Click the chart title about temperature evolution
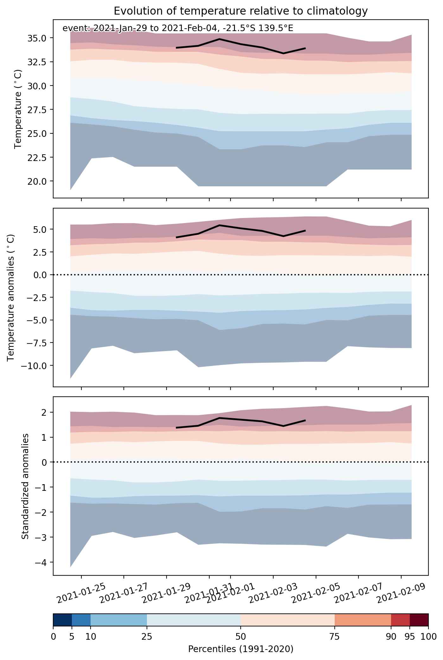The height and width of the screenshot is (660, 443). coord(241,11)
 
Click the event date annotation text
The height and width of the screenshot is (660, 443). coord(178,29)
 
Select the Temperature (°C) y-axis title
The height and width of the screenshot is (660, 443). coord(18,109)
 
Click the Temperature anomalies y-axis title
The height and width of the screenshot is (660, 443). coord(11,297)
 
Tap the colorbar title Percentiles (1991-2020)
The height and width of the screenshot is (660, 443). coord(241,649)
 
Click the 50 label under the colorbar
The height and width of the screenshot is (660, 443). coord(241,637)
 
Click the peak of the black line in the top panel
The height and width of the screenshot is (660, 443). coord(219,39)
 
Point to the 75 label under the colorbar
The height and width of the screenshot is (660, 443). coord(335,637)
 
